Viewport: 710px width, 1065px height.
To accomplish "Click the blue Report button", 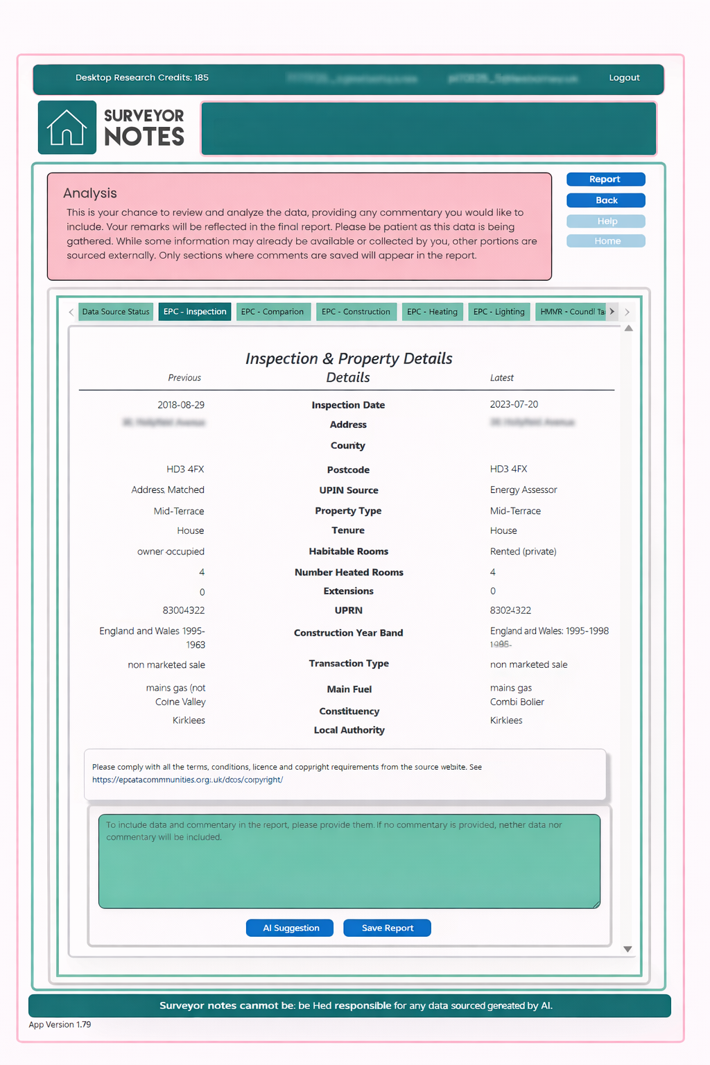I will click(x=605, y=180).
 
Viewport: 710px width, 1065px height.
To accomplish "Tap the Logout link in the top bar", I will click(x=624, y=78).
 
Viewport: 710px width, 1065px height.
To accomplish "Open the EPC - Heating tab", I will click(x=432, y=312).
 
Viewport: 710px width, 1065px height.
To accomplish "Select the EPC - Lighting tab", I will click(x=499, y=312).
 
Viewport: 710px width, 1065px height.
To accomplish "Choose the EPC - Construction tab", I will click(x=356, y=312).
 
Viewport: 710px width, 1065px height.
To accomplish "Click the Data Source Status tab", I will click(x=116, y=312).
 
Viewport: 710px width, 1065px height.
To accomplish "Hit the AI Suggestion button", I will click(x=290, y=928).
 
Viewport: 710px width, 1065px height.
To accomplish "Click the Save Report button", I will click(x=387, y=928).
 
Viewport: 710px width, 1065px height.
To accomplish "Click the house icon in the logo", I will click(x=67, y=128).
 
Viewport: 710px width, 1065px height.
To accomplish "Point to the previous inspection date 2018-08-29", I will click(x=181, y=405).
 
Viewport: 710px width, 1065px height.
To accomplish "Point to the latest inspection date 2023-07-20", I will click(x=514, y=404).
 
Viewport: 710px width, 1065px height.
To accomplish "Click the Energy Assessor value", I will click(x=523, y=490).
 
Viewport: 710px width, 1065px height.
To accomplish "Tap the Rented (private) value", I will click(x=523, y=551).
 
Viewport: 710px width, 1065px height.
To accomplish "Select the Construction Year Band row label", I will click(x=348, y=633).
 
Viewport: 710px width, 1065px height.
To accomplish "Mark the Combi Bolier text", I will click(x=517, y=702).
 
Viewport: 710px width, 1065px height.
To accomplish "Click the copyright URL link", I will click(x=187, y=779).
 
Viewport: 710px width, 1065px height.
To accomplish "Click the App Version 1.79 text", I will click(x=60, y=1024).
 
